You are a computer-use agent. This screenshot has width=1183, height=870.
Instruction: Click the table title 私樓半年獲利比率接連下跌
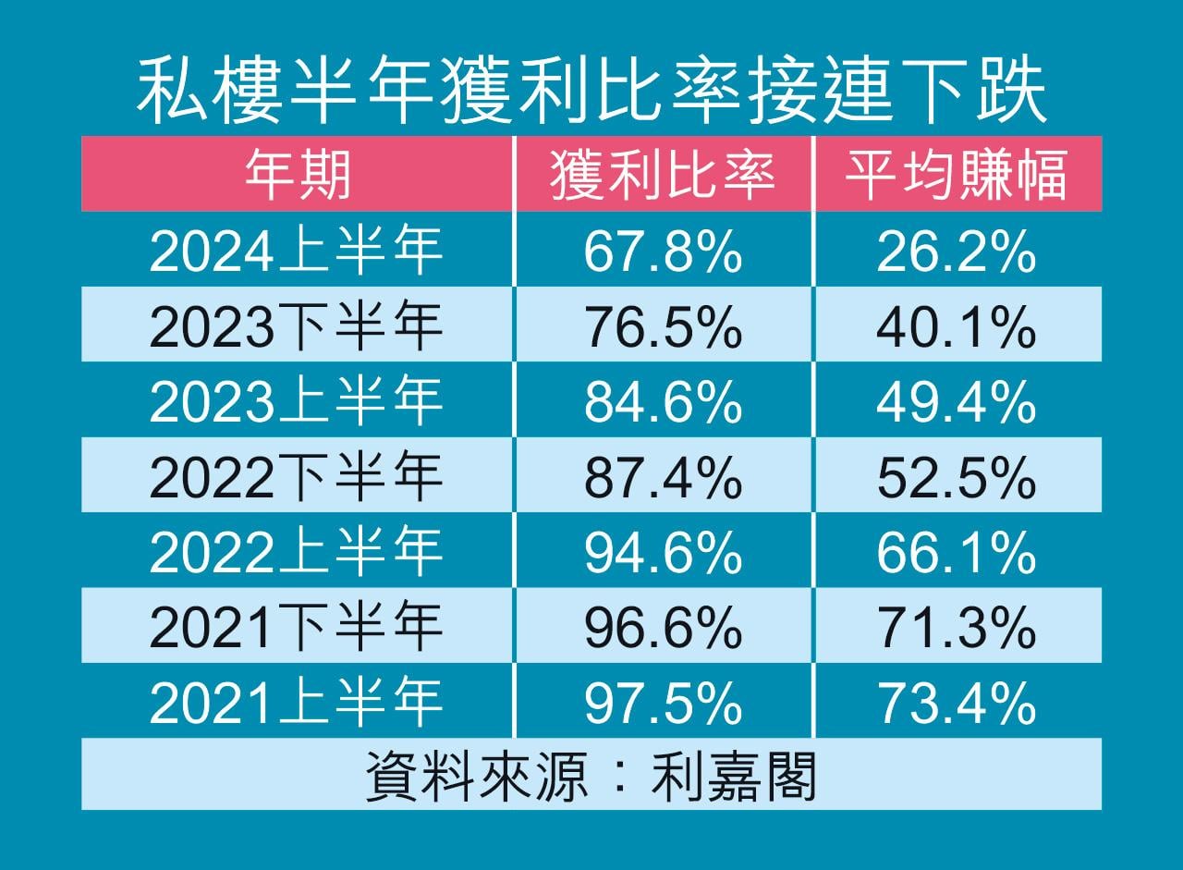coord(591,90)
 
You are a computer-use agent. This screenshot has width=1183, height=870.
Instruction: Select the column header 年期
coord(297,174)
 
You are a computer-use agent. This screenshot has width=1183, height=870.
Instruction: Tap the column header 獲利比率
coord(663,174)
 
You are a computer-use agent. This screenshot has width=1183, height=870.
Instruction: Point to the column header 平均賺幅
coord(957,174)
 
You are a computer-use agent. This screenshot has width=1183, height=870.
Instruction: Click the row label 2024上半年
coord(297,251)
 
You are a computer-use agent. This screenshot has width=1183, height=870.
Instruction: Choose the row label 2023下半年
coord(297,327)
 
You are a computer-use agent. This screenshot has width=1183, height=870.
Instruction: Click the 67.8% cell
coord(663,251)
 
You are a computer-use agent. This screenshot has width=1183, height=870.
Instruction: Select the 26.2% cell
coord(957,251)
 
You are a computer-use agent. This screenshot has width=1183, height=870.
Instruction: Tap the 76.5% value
coord(663,327)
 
